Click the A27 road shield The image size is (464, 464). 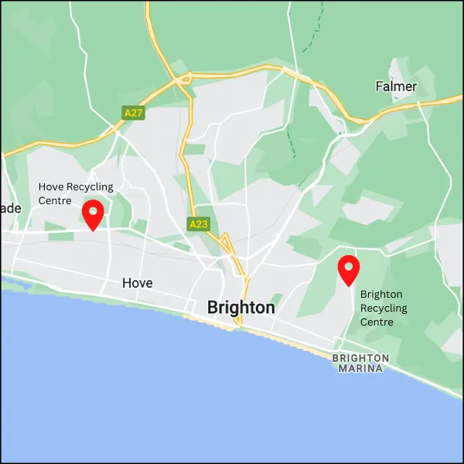point(134,113)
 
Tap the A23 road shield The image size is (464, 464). point(198,224)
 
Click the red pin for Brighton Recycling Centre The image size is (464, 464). point(349,270)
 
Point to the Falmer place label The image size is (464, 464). point(396,87)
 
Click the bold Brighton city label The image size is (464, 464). point(241,307)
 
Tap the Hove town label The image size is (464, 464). point(138,283)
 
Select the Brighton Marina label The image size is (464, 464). point(361,363)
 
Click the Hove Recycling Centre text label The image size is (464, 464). point(76,193)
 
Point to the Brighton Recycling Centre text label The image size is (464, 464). point(383,308)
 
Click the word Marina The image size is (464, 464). point(361,368)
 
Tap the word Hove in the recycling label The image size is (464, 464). point(51,187)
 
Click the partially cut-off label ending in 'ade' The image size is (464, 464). point(10,208)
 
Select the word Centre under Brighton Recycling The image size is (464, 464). point(377,322)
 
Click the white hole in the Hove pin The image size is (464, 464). point(93,208)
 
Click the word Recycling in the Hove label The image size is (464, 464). point(90,187)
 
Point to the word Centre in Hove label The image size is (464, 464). point(55,201)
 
